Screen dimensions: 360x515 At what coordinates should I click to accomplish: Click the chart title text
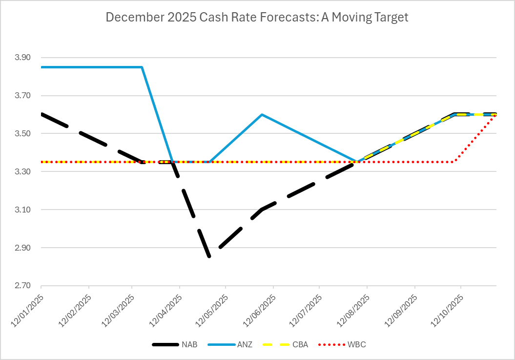point(257,18)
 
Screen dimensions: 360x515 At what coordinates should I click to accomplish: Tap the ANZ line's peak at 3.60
point(262,114)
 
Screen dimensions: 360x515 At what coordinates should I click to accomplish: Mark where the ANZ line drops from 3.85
point(142,67)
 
